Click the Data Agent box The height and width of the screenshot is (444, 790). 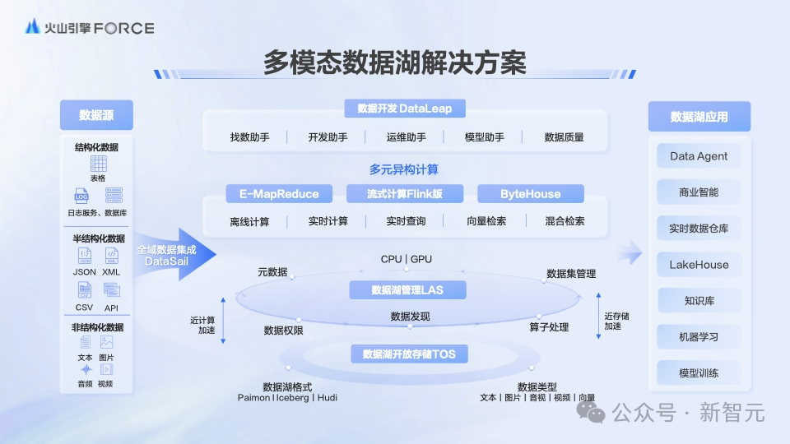[699, 156]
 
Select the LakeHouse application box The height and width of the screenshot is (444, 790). [699, 265]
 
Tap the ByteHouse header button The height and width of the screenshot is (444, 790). [531, 194]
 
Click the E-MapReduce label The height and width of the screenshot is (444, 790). [279, 194]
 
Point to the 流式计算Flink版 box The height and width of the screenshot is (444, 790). [405, 194]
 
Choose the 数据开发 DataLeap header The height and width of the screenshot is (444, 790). [405, 109]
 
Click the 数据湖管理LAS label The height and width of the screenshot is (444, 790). [407, 290]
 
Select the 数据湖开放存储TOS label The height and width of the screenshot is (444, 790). [409, 354]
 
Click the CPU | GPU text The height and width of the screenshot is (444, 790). [406, 259]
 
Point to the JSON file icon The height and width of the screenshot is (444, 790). [85, 256]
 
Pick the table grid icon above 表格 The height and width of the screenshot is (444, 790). [98, 164]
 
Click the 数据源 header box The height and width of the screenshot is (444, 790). [96, 115]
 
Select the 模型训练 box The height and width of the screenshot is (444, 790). [699, 373]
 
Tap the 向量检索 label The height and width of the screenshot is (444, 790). [486, 221]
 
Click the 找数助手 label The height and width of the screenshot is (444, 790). [249, 137]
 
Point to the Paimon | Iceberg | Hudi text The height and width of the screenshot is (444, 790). [287, 398]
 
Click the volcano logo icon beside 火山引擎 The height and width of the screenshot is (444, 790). [33, 26]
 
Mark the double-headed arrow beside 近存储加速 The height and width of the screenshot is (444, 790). [598, 316]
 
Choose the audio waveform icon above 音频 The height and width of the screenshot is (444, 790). [86, 370]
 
